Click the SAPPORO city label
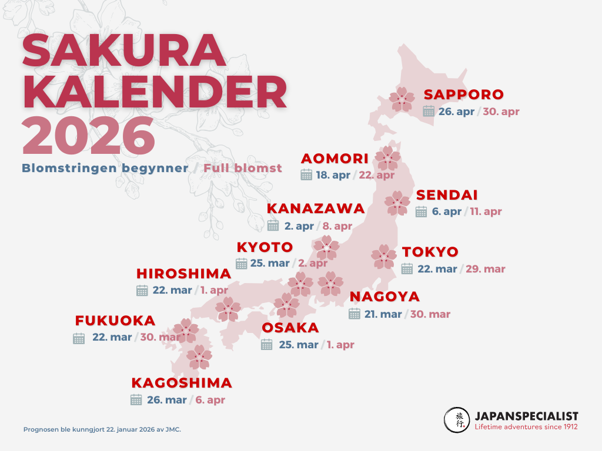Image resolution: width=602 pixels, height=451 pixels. click(464, 95)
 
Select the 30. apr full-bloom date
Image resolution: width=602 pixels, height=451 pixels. click(501, 112)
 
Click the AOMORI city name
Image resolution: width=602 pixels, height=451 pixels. click(335, 159)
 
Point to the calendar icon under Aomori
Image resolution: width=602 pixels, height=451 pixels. click(306, 174)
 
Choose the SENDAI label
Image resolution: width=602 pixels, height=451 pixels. click(447, 196)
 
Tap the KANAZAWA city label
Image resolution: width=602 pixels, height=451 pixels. click(316, 209)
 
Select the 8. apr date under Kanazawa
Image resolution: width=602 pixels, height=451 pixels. click(337, 226)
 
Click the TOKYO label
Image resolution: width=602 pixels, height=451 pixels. click(430, 253)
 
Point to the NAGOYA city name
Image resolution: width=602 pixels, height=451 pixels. click(384, 297)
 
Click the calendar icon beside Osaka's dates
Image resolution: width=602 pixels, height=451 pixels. click(267, 345)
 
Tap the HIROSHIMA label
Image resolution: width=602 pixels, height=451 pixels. click(184, 274)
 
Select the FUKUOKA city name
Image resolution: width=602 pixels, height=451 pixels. click(115, 321)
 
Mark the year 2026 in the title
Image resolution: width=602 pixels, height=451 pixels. click(89, 136)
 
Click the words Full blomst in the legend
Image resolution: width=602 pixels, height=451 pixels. click(243, 169)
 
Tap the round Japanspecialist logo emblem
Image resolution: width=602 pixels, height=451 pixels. click(457, 419)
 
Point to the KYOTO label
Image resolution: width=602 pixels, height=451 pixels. click(265, 247)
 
